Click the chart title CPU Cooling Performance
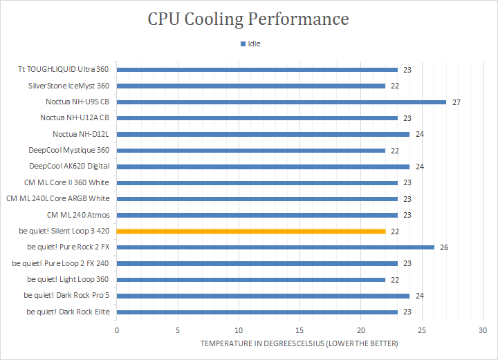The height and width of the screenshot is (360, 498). click(x=248, y=19)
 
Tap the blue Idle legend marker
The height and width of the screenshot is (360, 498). click(x=243, y=44)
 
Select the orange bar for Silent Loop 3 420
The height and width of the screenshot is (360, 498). click(x=251, y=231)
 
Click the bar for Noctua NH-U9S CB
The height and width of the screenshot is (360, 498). click(x=282, y=102)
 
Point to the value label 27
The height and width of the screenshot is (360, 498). click(x=456, y=102)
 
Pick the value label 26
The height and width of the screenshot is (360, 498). click(x=444, y=247)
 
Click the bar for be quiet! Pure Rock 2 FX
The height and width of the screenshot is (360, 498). click(x=275, y=247)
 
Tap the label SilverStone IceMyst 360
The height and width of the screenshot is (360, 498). click(x=68, y=86)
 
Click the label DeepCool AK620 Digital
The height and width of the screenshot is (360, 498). click(x=69, y=167)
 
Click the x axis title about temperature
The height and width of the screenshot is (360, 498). click(x=299, y=343)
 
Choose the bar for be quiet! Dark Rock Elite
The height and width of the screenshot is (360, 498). click(x=257, y=312)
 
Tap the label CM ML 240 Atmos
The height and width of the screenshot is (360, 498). click(x=78, y=215)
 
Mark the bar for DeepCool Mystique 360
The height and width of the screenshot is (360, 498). click(x=251, y=150)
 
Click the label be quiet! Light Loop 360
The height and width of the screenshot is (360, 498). click(x=68, y=279)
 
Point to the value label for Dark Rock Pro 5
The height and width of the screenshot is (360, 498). click(x=420, y=296)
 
